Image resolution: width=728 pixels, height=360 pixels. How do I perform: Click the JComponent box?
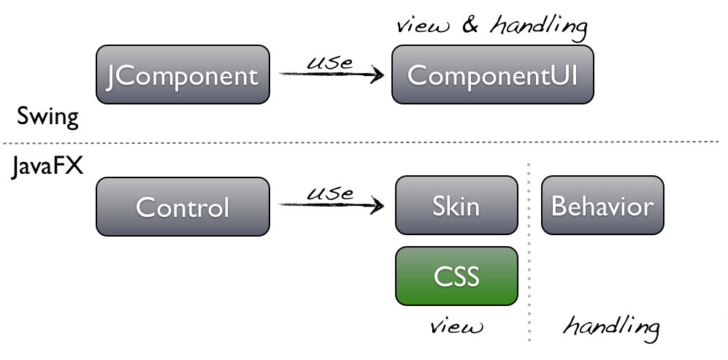pos(183,74)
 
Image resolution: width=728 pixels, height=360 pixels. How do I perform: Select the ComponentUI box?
pos(493,74)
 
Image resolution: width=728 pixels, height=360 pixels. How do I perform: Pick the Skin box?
pos(456,205)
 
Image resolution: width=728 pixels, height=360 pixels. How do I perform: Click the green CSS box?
pos(456,275)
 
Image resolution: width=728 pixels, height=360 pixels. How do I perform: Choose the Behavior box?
pos(602,205)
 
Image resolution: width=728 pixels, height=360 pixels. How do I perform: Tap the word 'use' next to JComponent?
pos(329,62)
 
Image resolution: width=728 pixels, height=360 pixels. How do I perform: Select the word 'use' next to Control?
pos(329,194)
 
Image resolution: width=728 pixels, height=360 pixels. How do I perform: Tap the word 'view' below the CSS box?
pos(456,326)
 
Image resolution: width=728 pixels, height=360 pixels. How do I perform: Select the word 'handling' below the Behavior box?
pos(610,326)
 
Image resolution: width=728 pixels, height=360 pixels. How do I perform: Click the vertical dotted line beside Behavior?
pos(529,248)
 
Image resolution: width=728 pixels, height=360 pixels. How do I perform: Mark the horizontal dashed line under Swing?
pos(365,141)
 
